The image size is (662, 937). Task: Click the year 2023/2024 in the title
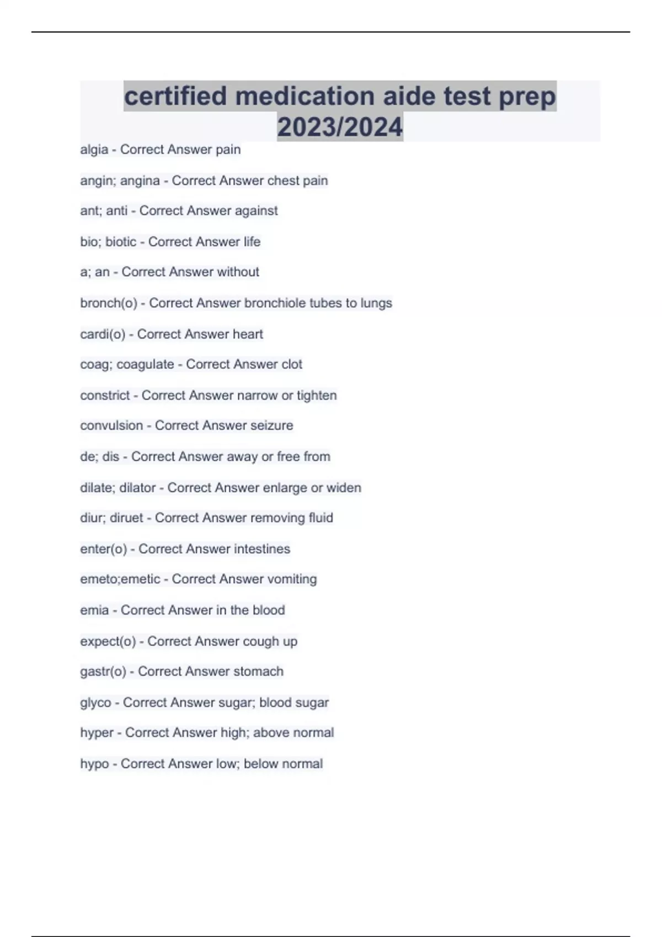pyautogui.click(x=340, y=127)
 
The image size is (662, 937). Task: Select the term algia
pyautogui.click(x=94, y=150)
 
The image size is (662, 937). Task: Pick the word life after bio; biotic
pyautogui.click(x=252, y=241)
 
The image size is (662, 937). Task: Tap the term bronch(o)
pyautogui.click(x=108, y=303)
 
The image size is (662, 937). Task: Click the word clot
pyautogui.click(x=292, y=364)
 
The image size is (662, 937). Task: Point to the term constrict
pyautogui.click(x=105, y=395)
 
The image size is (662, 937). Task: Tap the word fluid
pyautogui.click(x=321, y=518)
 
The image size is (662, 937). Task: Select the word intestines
pyautogui.click(x=261, y=549)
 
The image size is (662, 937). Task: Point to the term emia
pyautogui.click(x=94, y=610)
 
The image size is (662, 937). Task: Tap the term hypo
pyautogui.click(x=94, y=764)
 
